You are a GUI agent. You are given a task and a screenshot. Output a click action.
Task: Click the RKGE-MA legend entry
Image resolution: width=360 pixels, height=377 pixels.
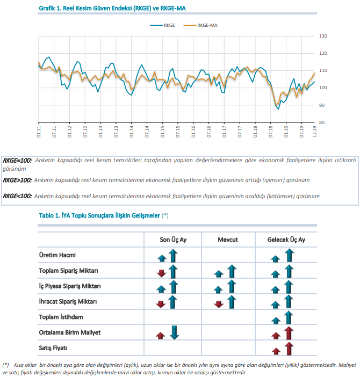pyautogui.click(x=200, y=25)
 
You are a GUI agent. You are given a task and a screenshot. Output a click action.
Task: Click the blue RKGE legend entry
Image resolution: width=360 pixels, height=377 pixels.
pyautogui.click(x=162, y=25)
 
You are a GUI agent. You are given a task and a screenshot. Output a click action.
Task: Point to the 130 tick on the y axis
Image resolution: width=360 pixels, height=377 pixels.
pyautogui.click(x=323, y=36)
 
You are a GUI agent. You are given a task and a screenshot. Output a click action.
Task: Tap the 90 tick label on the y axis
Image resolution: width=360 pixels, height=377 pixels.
pyautogui.click(x=322, y=105)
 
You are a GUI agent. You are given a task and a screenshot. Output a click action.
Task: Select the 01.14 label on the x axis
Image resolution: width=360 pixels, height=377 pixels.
pyautogui.click(x=132, y=132)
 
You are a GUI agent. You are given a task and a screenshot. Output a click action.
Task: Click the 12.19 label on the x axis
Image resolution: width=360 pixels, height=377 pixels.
pyautogui.click(x=314, y=132)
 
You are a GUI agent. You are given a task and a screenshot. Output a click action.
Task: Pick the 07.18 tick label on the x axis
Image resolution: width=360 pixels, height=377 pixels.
pyautogui.click(x=271, y=132)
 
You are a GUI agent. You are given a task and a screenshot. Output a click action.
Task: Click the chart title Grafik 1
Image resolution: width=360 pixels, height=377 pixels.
pyautogui.click(x=112, y=8)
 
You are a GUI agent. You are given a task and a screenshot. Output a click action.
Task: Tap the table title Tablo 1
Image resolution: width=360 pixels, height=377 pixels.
pyautogui.click(x=104, y=215)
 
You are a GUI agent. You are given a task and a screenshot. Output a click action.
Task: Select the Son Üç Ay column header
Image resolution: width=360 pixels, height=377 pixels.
pyautogui.click(x=173, y=240)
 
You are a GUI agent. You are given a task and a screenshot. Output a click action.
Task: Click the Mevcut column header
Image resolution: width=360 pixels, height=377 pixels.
pyautogui.click(x=228, y=240)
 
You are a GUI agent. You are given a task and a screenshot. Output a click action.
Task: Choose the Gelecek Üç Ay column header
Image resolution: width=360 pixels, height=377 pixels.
pyautogui.click(x=286, y=240)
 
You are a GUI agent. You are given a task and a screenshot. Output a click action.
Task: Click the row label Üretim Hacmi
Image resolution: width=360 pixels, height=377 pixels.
pyautogui.click(x=57, y=255)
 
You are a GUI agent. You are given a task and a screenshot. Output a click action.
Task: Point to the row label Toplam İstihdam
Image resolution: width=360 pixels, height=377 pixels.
pyautogui.click(x=61, y=317)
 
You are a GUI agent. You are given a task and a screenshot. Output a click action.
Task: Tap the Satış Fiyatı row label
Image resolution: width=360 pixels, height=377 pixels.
pyautogui.click(x=53, y=348)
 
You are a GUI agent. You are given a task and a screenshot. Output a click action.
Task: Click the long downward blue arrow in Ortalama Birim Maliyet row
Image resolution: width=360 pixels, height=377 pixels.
pyautogui.click(x=174, y=332)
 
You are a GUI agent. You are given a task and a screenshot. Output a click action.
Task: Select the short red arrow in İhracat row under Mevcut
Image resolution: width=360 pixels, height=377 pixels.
pyautogui.click(x=219, y=304)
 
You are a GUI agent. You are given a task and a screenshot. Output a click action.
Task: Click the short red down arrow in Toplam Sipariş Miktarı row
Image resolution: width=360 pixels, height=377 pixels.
pyautogui.click(x=161, y=273)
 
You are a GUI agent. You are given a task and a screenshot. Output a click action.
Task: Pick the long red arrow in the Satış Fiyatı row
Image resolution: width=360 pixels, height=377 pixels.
pyautogui.click(x=289, y=349)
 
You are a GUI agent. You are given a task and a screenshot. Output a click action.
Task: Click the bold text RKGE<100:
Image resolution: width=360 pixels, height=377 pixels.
pyautogui.click(x=17, y=196)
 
